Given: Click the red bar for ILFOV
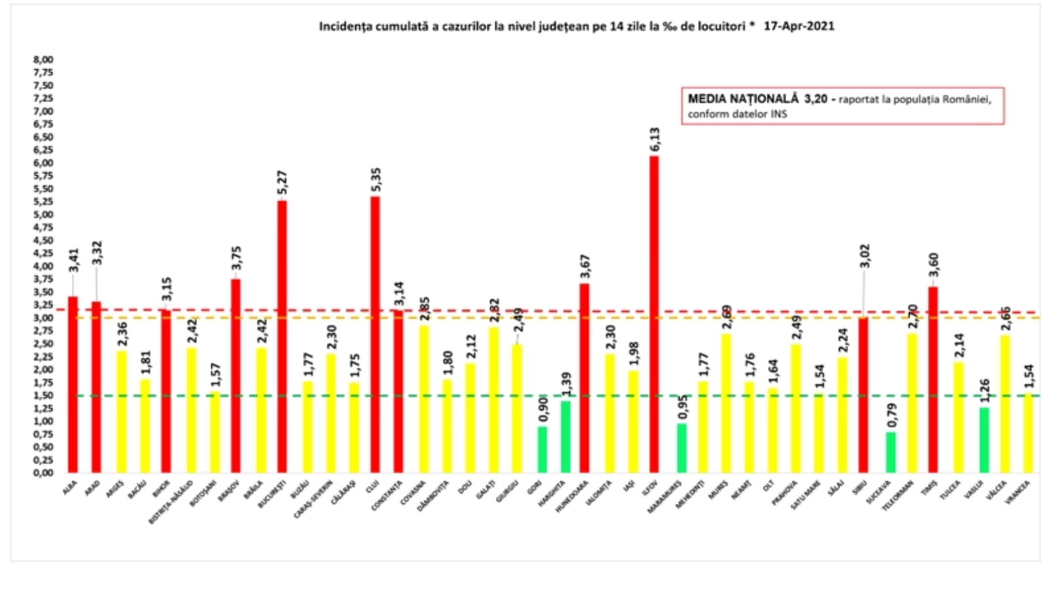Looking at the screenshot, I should (x=654, y=314).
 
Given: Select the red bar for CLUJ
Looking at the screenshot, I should (x=375, y=334).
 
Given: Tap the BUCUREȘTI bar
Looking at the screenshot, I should (x=282, y=336).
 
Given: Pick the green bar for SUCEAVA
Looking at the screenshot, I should (x=891, y=452).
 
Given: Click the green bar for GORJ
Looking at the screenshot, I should (x=542, y=450).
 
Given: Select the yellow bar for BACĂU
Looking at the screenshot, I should (x=145, y=426).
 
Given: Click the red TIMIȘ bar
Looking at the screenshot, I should (x=932, y=380).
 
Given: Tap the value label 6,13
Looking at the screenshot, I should (x=654, y=139).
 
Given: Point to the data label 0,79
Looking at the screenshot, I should (x=891, y=416).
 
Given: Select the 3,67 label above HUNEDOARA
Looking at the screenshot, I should (x=584, y=267).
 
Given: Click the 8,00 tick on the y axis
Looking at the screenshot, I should (x=43, y=60).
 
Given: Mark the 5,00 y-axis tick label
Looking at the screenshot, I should (x=43, y=215).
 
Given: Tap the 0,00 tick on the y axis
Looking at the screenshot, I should (x=43, y=473).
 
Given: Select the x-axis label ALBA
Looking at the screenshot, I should (x=69, y=488).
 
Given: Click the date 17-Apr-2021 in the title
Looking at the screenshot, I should (x=799, y=26).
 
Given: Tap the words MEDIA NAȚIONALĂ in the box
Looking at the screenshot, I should (x=743, y=99).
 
